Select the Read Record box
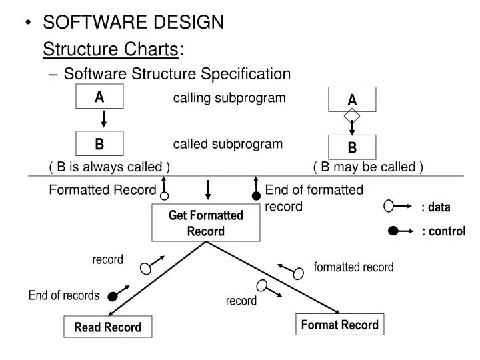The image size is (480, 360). click(x=107, y=327)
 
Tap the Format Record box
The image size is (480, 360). click(x=340, y=325)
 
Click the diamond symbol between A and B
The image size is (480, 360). click(x=352, y=116)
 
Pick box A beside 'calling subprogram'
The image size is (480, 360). click(x=99, y=97)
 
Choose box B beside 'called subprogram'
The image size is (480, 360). click(x=99, y=143)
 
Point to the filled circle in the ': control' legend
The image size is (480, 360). click(x=393, y=231)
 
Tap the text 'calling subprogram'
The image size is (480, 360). click(x=229, y=98)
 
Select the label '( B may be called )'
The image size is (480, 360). click(x=367, y=167)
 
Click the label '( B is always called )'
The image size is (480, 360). click(x=109, y=167)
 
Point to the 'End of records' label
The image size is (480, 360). click(x=63, y=295)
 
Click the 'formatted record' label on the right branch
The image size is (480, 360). click(x=353, y=267)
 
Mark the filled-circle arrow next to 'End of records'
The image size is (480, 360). click(x=118, y=294)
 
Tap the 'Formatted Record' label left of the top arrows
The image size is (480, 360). click(x=102, y=190)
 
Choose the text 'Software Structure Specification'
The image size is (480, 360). click(x=177, y=73)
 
